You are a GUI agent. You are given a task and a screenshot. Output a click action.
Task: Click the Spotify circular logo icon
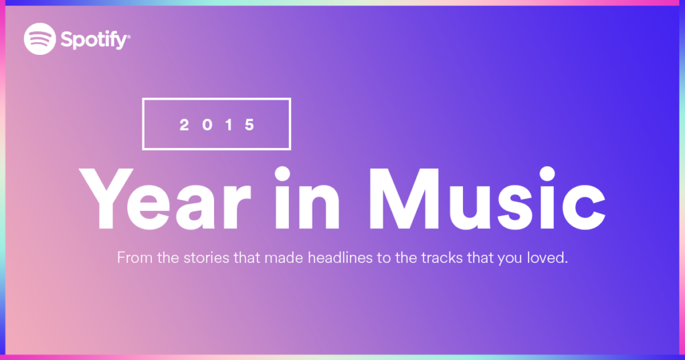pyautogui.click(x=39, y=39)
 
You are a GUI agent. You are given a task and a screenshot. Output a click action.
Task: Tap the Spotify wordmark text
pyautogui.click(x=95, y=40)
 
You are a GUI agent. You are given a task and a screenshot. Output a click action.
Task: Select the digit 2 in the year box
pyautogui.click(x=185, y=125)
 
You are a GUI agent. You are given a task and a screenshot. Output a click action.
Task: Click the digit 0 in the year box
pyautogui.click(x=207, y=125)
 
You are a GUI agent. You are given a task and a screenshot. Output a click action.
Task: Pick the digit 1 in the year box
pyautogui.click(x=229, y=125)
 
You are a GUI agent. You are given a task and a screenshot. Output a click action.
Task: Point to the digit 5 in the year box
pyautogui.click(x=250, y=125)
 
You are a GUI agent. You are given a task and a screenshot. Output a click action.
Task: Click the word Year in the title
pyautogui.click(x=165, y=199)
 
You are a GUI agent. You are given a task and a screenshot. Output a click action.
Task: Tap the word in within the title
pyautogui.click(x=307, y=198)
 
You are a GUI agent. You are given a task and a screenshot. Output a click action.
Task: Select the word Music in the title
pyautogui.click(x=488, y=199)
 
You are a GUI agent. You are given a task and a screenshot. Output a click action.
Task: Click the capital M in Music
pyautogui.click(x=404, y=199)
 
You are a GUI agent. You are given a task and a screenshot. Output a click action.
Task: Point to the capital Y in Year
pyautogui.click(x=106, y=199)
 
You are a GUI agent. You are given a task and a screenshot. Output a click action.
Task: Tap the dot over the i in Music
pyautogui.click(x=547, y=173)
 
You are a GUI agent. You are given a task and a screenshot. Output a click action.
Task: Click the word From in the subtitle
pyautogui.click(x=135, y=258)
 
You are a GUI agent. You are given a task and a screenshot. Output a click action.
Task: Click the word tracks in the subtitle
pyautogui.click(x=442, y=258)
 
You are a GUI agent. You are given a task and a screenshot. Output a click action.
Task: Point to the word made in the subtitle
pyautogui.click(x=284, y=258)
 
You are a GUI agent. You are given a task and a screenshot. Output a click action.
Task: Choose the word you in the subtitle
pyautogui.click(x=510, y=259)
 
